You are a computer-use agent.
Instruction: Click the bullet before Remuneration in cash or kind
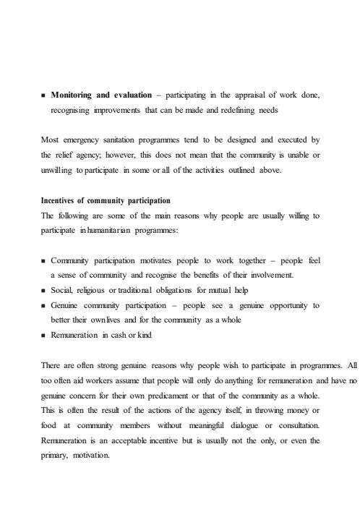[43, 336]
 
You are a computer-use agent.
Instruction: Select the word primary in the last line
[56, 456]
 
